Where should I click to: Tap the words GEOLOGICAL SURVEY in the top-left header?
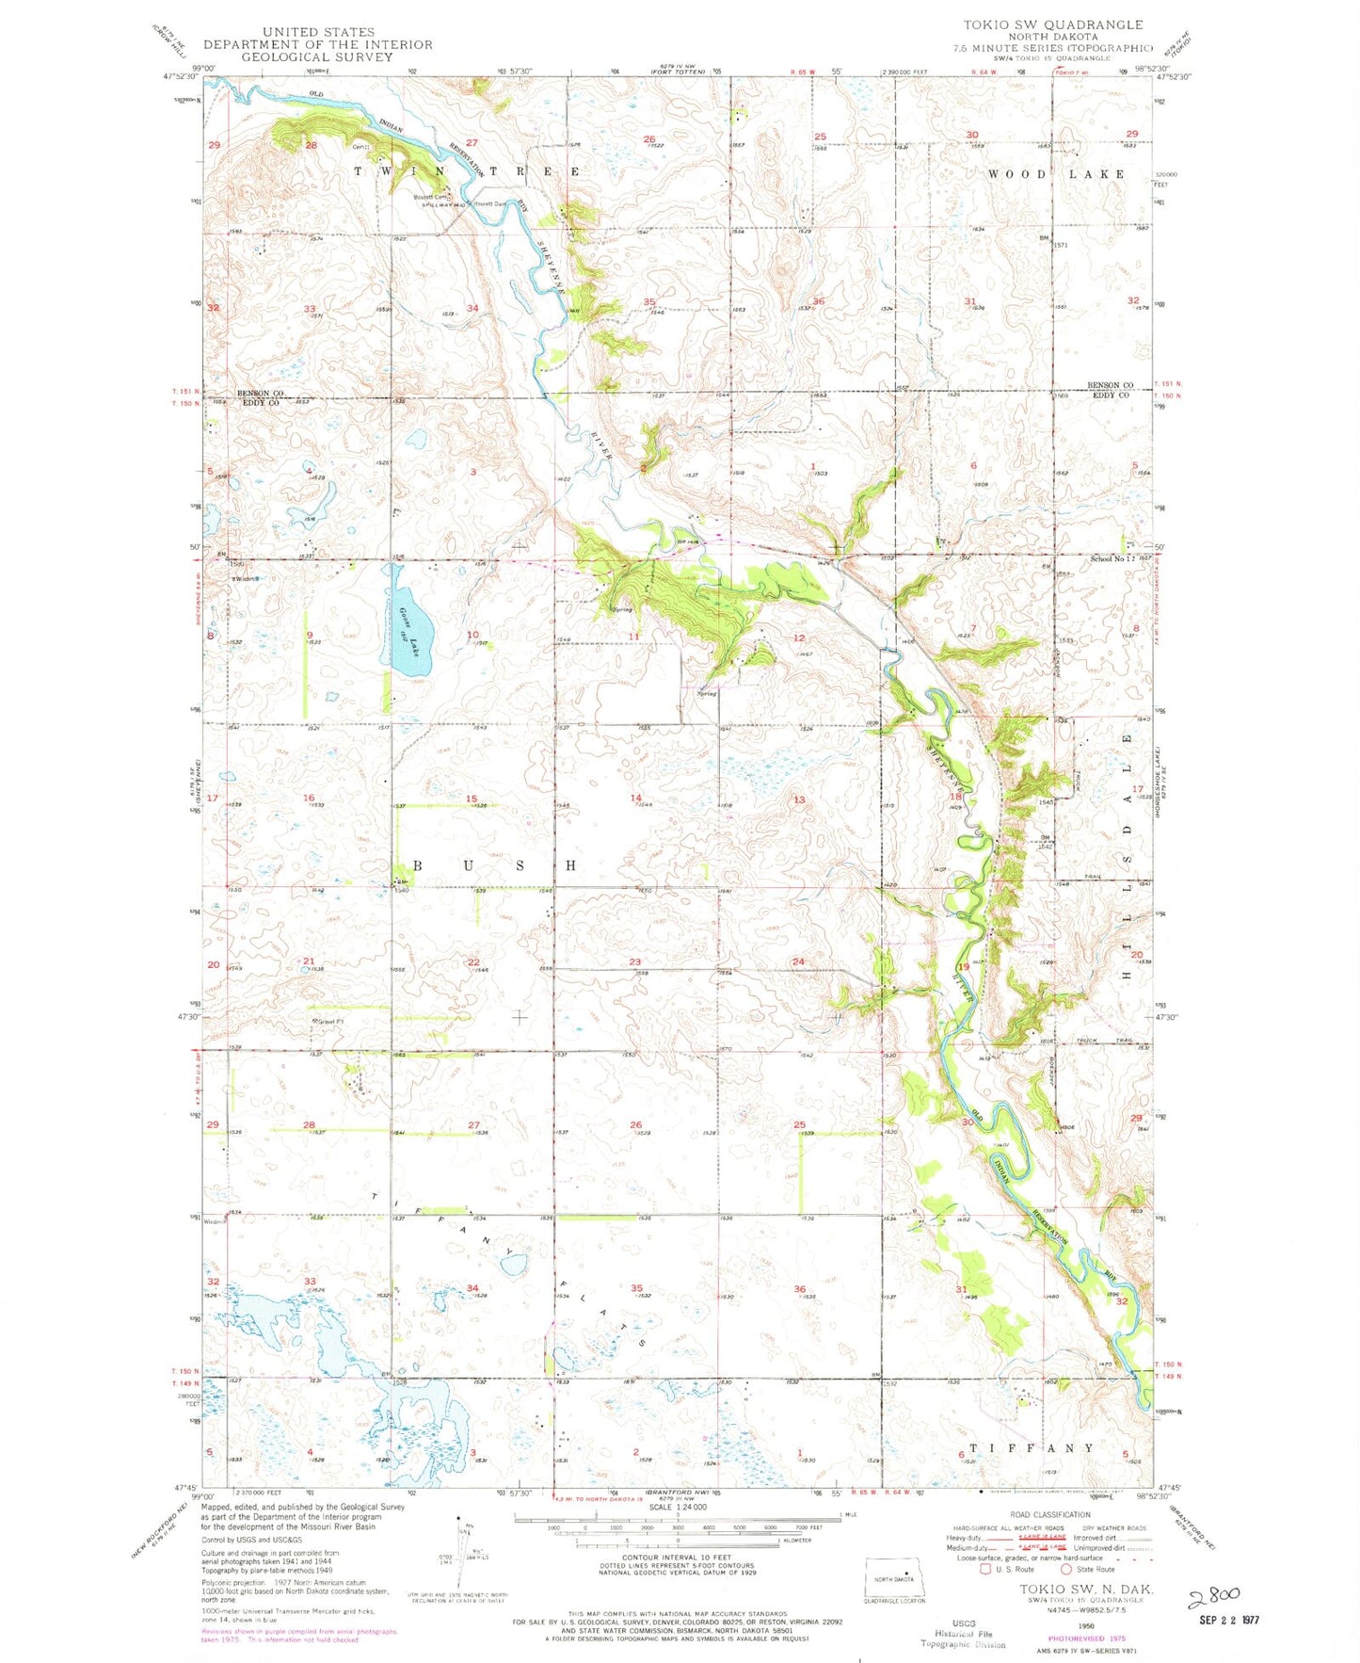pos(317,57)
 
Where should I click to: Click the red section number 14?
pos(636,799)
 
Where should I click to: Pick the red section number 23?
pos(635,961)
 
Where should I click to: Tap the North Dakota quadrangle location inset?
pos(894,1579)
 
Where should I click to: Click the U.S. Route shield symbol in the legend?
pos(986,1569)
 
